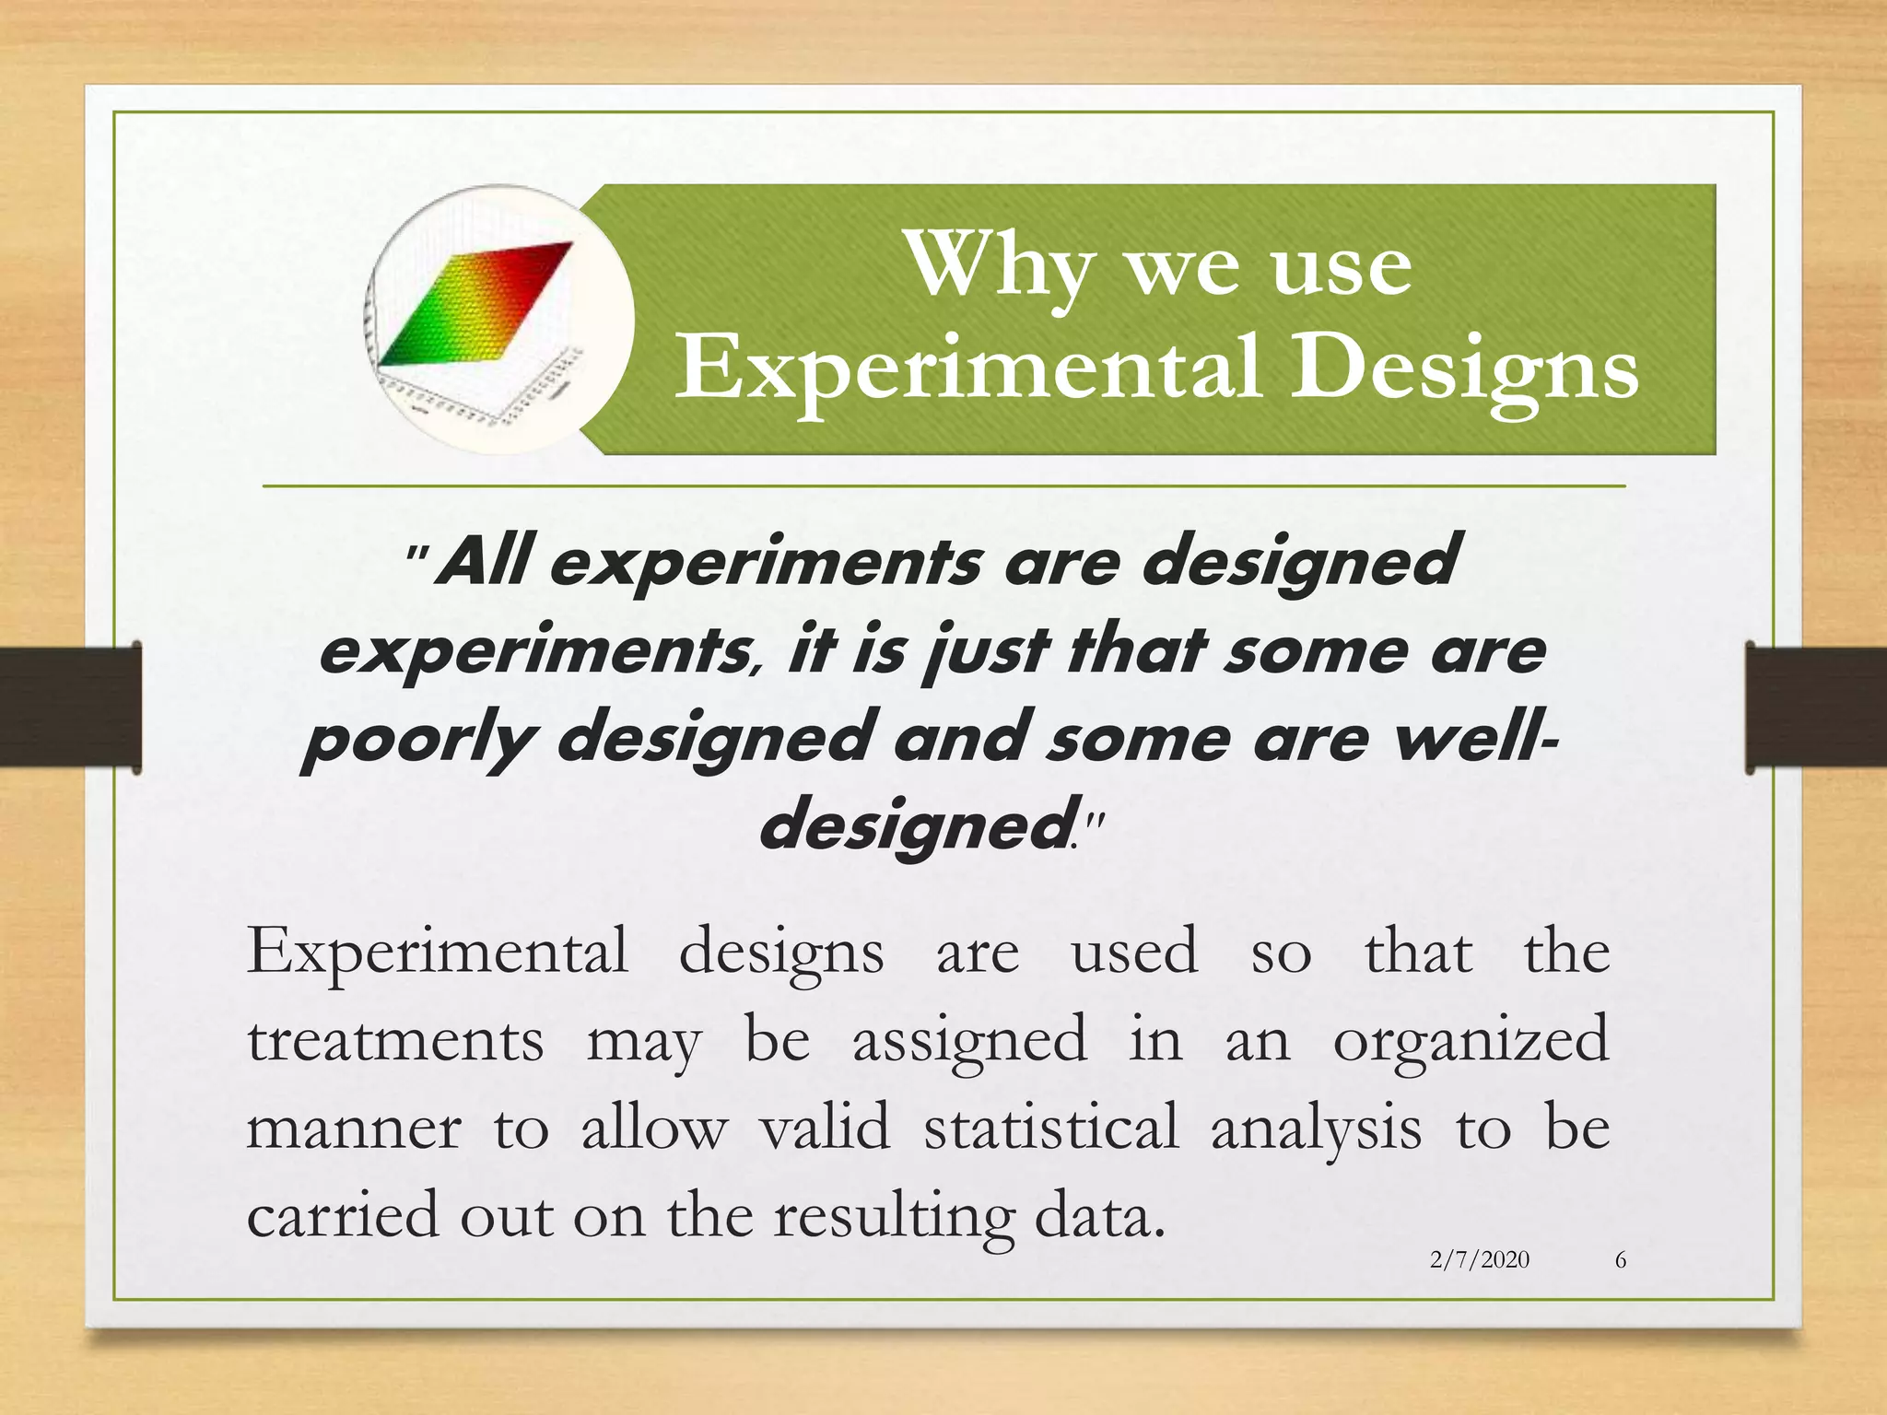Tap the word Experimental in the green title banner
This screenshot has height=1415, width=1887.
pos(967,368)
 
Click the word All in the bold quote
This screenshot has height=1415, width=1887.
pos(486,560)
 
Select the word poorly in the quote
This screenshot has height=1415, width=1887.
pos(419,741)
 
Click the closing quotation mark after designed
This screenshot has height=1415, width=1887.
pos(1094,820)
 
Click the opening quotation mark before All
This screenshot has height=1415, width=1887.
pos(417,556)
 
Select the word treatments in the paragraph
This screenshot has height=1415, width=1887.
pos(395,1040)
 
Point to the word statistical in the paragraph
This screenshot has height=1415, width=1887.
pos(1051,1128)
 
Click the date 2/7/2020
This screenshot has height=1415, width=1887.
pos(1479,1259)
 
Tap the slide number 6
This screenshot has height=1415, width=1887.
pos(1621,1259)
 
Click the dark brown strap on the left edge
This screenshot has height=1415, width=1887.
pos(70,707)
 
